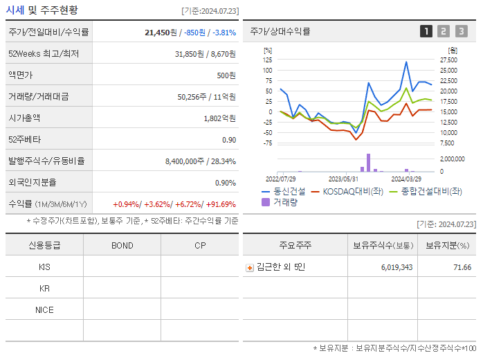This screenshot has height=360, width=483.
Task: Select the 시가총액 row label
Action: pyautogui.click(x=25, y=118)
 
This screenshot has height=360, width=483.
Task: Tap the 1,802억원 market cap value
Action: pyautogui.click(x=219, y=118)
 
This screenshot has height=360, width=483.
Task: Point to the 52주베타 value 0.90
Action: pyautogui.click(x=229, y=140)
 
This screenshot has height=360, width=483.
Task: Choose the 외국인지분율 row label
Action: pyautogui.click(x=33, y=183)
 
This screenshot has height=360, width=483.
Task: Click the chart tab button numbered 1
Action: pyautogui.click(x=426, y=31)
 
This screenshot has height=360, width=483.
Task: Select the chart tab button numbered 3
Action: pyautogui.click(x=461, y=31)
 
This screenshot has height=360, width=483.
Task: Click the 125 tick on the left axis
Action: pyautogui.click(x=268, y=60)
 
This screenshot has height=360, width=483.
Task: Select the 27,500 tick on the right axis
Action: pyautogui.click(x=449, y=60)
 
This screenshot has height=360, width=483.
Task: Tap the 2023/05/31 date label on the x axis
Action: pyautogui.click(x=343, y=178)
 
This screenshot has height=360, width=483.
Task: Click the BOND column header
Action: pyautogui.click(x=122, y=245)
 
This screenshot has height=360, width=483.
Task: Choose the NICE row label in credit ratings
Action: pyautogui.click(x=44, y=309)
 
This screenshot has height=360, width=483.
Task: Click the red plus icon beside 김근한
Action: pyautogui.click(x=250, y=267)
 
